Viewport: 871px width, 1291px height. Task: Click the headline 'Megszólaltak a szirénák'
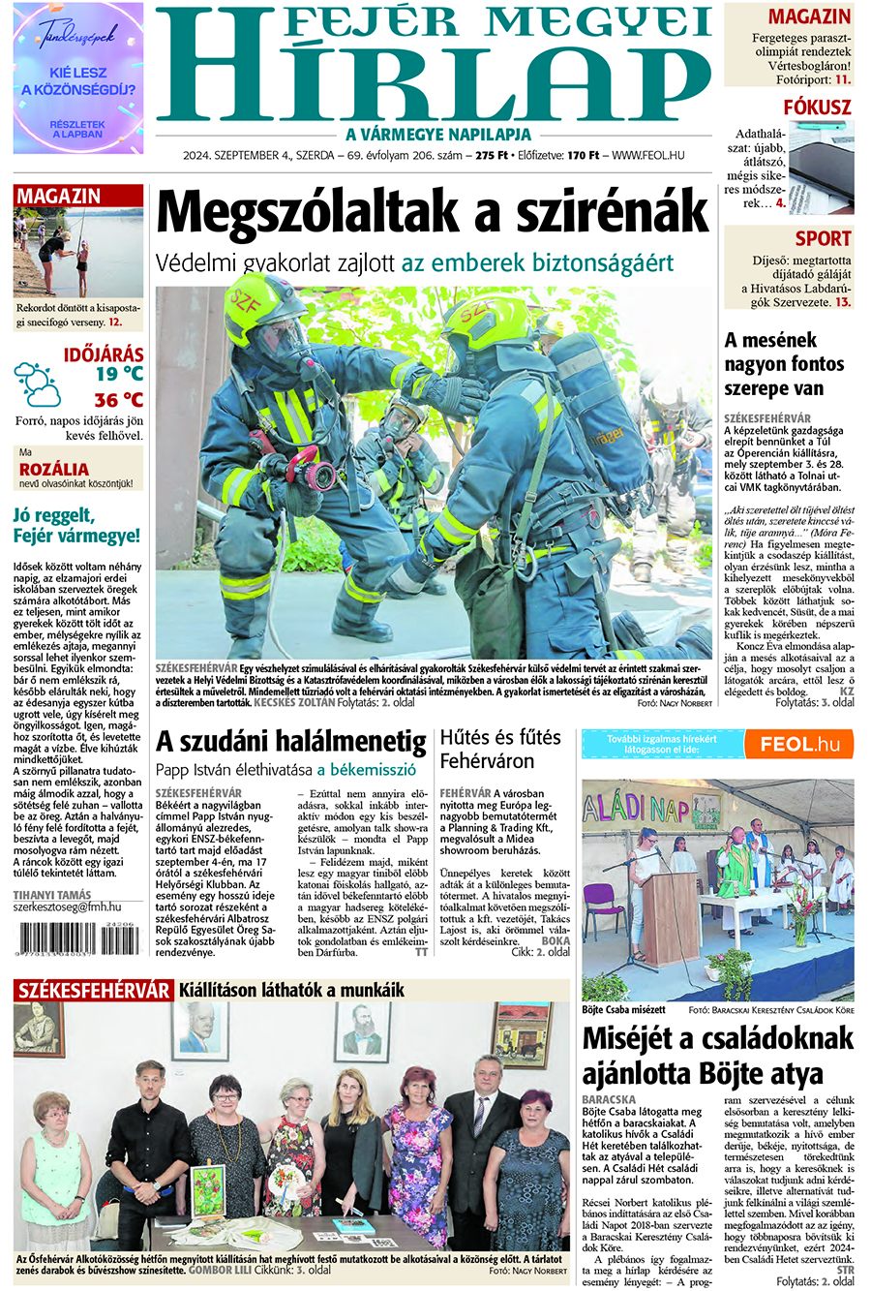pos(433,211)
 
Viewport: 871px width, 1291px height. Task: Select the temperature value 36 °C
pos(118,400)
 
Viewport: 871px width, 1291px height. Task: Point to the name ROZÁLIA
pos(54,470)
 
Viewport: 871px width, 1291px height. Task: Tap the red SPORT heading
pos(823,238)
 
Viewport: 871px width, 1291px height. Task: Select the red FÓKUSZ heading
pos(817,107)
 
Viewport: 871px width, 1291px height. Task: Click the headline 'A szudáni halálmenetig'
pos(291,742)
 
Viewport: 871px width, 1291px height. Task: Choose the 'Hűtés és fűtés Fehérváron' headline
pos(500,749)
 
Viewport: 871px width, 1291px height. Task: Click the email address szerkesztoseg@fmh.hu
pos(67,907)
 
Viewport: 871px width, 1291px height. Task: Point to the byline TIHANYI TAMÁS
pos(52,895)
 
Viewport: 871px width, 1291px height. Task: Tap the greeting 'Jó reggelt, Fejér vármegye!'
pos(76,524)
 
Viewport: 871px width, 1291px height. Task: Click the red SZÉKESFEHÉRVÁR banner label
pos(94,990)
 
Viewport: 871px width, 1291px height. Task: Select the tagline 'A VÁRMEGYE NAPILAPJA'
pos(438,135)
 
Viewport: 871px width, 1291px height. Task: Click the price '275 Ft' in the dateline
pos(493,155)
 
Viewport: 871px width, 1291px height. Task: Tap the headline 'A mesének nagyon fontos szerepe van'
pos(785,364)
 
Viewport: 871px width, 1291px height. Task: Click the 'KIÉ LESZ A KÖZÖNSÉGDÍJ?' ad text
pos(78,81)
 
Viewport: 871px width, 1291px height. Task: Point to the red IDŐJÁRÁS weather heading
pos(104,354)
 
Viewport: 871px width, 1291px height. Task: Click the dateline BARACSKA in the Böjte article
pos(609,1100)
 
